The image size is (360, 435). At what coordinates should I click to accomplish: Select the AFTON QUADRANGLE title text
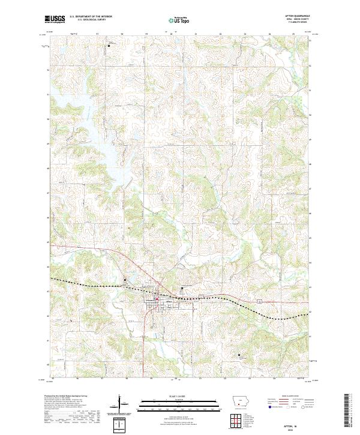click(298, 17)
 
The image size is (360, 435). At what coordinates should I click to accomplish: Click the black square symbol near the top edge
click(109, 45)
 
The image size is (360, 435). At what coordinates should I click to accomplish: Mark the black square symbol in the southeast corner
click(239, 355)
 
